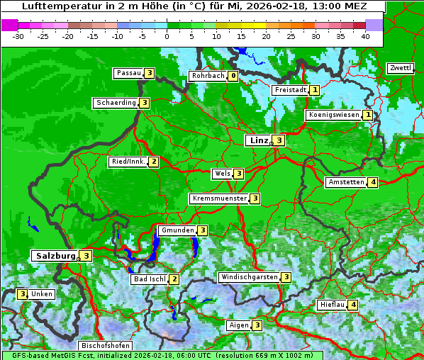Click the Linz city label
point(259,140)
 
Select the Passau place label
point(129,73)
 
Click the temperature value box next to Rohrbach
point(233,76)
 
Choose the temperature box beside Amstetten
point(373,182)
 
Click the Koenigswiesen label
point(333,115)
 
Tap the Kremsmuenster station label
point(219,198)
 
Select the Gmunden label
point(177,230)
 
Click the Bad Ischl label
point(150,279)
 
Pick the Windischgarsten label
point(249,277)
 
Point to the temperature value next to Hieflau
point(353,305)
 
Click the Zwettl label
point(401,68)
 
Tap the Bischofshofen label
point(105,346)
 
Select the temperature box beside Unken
point(23,294)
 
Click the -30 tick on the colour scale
point(18,35)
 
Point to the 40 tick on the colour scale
point(365,35)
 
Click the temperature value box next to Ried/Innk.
point(153,162)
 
